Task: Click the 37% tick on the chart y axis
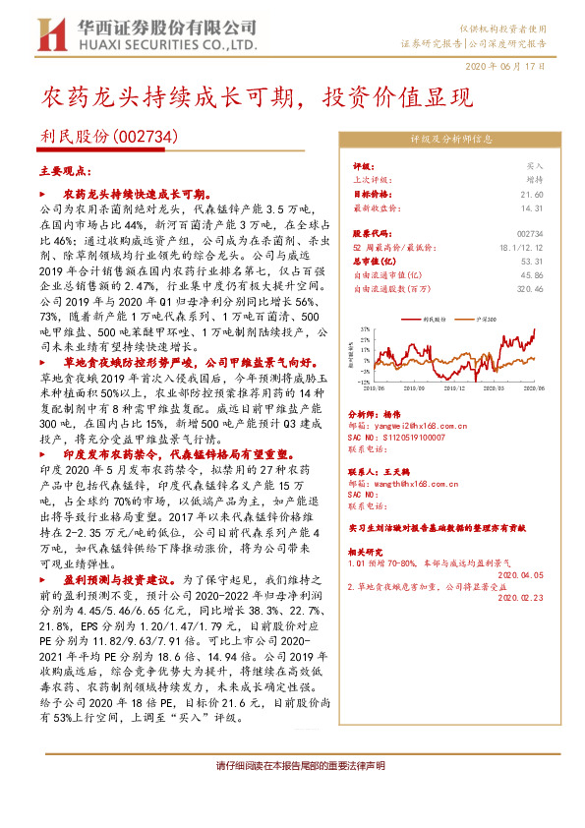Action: [364, 329]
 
